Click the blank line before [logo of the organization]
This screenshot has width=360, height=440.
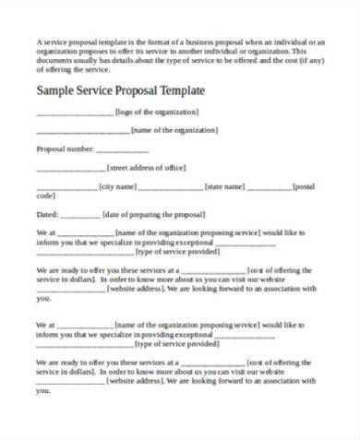point(74,112)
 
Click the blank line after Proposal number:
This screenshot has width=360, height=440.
point(122,149)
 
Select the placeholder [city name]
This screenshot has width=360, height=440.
point(118,187)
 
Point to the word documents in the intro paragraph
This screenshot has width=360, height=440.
point(54,61)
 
